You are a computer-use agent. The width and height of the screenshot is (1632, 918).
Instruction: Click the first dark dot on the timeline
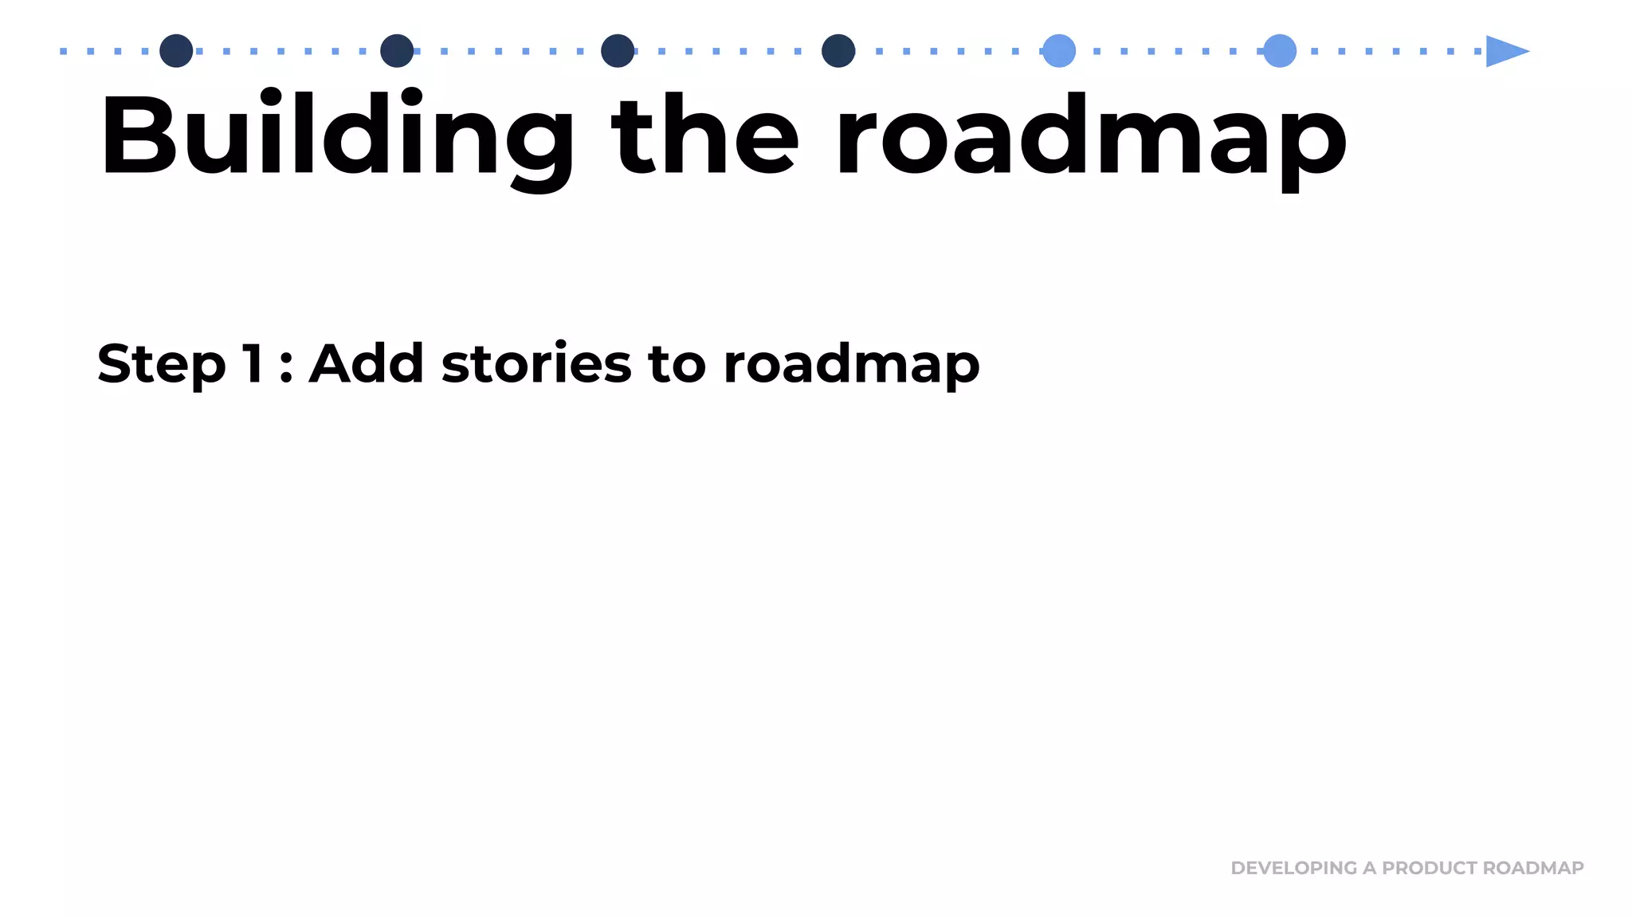click(176, 51)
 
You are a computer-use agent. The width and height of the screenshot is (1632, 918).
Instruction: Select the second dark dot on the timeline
click(397, 51)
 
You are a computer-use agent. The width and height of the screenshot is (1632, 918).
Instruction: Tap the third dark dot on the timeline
click(618, 51)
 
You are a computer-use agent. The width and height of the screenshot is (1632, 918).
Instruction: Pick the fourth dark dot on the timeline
click(838, 51)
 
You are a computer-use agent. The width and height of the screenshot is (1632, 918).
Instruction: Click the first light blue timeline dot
click(1059, 51)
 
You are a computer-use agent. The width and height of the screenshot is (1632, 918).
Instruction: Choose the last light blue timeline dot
click(1280, 51)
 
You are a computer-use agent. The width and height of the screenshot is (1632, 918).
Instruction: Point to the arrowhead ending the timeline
click(1505, 51)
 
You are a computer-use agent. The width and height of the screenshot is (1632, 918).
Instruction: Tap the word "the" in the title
click(704, 135)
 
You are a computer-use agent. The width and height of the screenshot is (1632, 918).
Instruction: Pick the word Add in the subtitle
click(366, 363)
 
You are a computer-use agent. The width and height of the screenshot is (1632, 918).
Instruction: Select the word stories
click(536, 363)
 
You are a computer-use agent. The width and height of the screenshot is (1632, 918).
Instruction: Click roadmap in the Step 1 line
click(851, 365)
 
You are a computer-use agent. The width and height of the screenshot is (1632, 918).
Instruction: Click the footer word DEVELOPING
click(1293, 868)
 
